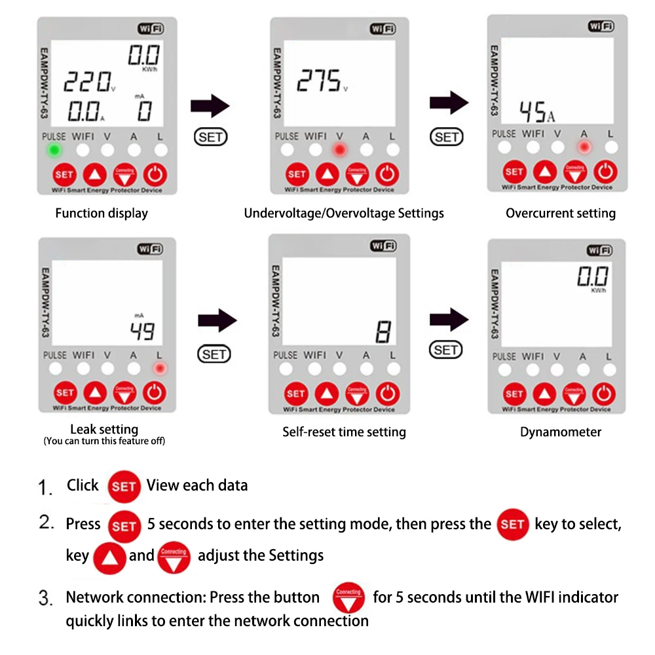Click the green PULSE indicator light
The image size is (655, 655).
tap(54, 151)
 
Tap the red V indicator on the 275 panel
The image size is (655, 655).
tap(339, 151)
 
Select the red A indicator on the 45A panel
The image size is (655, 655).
tap(584, 147)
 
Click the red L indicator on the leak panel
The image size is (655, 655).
tap(159, 369)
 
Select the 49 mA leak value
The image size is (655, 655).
tap(142, 331)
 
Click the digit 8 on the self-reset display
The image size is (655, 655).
tap(383, 333)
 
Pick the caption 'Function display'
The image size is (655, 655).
tap(102, 213)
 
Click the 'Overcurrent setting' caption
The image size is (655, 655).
tap(561, 213)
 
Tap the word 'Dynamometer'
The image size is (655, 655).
tap(561, 432)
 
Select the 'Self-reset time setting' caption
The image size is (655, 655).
tap(344, 432)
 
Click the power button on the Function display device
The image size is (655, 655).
tap(155, 175)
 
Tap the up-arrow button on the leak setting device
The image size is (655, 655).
tap(96, 393)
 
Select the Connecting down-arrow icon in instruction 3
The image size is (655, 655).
tap(348, 597)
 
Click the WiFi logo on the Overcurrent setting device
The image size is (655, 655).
tap(601, 27)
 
